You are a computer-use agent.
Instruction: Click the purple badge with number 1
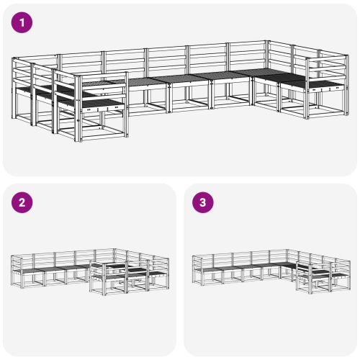pos(22,22)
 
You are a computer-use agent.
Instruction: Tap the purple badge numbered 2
pos(22,202)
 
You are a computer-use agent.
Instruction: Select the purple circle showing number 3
pos(203,202)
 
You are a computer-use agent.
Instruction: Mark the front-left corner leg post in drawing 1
pos(77,109)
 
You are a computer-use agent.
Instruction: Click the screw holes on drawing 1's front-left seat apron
pos(103,109)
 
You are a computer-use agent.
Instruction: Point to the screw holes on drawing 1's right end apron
pos(327,89)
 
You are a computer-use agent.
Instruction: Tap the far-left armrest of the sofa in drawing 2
pos(16,271)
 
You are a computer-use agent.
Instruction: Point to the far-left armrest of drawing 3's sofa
pos(197,270)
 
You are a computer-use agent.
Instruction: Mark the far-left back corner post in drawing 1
pos(13,89)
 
